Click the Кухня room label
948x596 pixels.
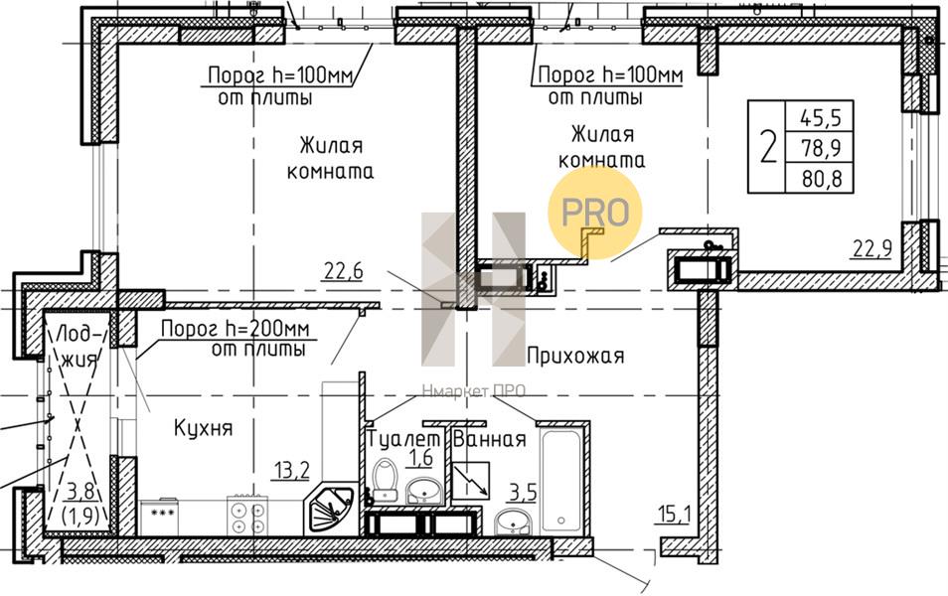pos(203,428)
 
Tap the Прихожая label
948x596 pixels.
pos(575,356)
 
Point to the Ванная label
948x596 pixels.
pos(489,439)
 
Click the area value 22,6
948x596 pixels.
pos(344,271)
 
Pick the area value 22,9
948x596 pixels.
pos(872,247)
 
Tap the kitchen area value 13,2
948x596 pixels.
pos(291,470)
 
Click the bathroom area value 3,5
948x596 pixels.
pos(523,492)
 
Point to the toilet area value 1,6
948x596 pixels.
pos(420,458)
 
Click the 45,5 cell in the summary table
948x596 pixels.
pos(821,117)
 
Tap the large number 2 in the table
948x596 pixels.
pos(768,147)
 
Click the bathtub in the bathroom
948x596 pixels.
pos(561,480)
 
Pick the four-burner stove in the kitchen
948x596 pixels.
pos(246,515)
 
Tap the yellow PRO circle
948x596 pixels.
pos(595,213)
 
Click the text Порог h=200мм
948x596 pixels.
pos(236,329)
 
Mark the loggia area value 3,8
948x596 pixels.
pos(80,491)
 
